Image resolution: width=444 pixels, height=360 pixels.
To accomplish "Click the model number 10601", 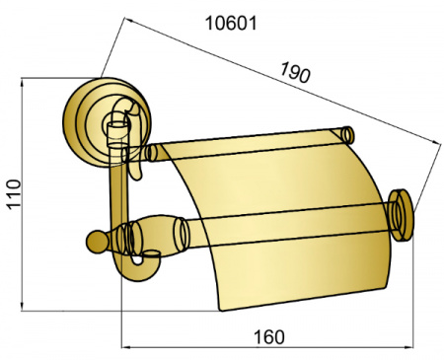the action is click(231, 24).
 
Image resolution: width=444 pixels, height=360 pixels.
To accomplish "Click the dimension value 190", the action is click(295, 72).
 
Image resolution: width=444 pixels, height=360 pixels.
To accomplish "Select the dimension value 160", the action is click(268, 337).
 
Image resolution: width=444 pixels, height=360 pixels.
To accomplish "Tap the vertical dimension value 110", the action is click(14, 193).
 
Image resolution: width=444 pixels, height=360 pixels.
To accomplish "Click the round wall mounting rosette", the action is click(107, 122).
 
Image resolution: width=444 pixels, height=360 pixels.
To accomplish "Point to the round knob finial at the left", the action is click(98, 242).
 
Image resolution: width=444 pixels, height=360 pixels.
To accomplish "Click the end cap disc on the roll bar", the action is click(401, 215).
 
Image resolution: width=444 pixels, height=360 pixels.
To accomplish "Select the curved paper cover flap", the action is click(279, 227).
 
